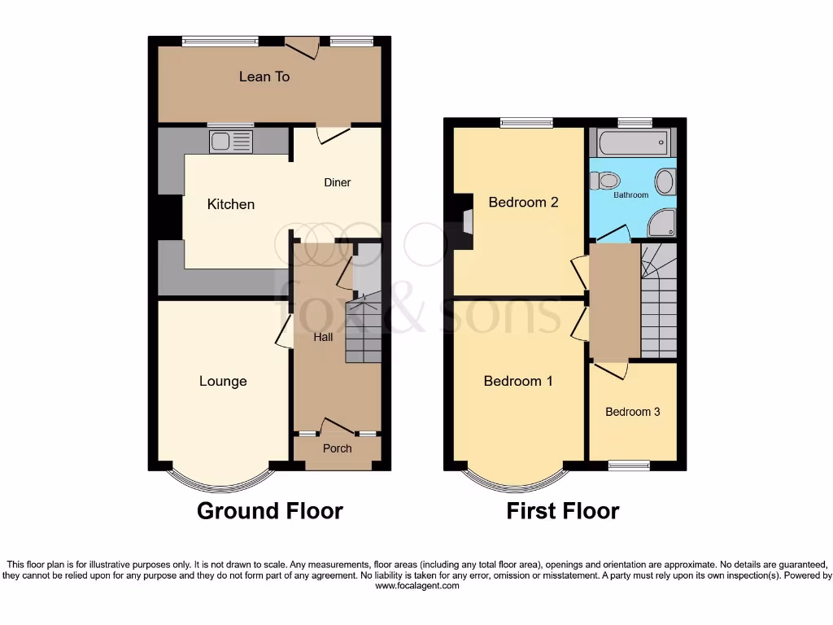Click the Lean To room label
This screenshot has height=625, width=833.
(264, 76)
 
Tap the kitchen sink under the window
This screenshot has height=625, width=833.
(232, 142)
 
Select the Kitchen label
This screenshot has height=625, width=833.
(231, 204)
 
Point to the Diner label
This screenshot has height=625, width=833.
(338, 182)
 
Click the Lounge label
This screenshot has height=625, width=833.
(223, 381)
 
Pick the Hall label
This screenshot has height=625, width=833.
(323, 337)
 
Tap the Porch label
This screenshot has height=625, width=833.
(338, 448)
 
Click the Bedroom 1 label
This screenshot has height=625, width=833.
(518, 381)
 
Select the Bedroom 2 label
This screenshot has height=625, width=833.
(523, 203)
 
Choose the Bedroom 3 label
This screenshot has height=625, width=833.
(632, 412)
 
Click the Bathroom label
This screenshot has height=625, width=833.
(631, 195)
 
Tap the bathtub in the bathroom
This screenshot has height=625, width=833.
(632, 143)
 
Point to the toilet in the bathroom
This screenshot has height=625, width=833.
(606, 181)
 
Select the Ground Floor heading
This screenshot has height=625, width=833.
(270, 511)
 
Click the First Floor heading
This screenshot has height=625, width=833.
(562, 511)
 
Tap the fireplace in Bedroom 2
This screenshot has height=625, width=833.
(465, 220)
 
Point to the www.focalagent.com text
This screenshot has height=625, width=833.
(417, 585)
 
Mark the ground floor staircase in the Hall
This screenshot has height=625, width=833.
(364, 330)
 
